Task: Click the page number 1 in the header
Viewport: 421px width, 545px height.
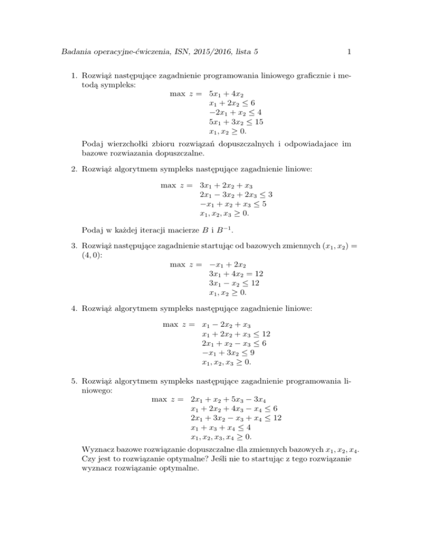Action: [349, 53]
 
